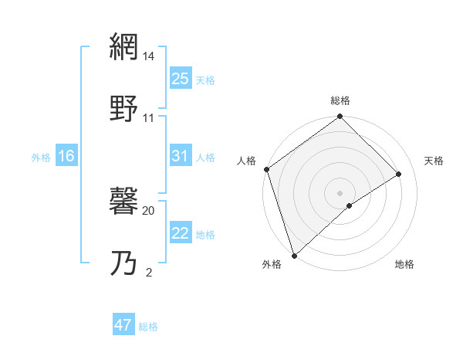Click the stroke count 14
click(x=149, y=56)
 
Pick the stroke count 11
click(x=149, y=118)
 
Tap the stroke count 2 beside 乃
click(x=149, y=272)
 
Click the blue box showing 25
click(x=181, y=78)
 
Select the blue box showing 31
click(x=181, y=156)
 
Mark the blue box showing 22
click(x=181, y=233)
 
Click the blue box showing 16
click(x=66, y=156)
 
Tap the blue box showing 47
click(x=123, y=325)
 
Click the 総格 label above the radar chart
click(x=340, y=100)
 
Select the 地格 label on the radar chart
click(x=404, y=265)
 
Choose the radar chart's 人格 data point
click(x=266, y=169)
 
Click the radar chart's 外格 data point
click(x=294, y=255)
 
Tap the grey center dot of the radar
click(x=340, y=192)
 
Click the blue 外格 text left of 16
click(x=41, y=157)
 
